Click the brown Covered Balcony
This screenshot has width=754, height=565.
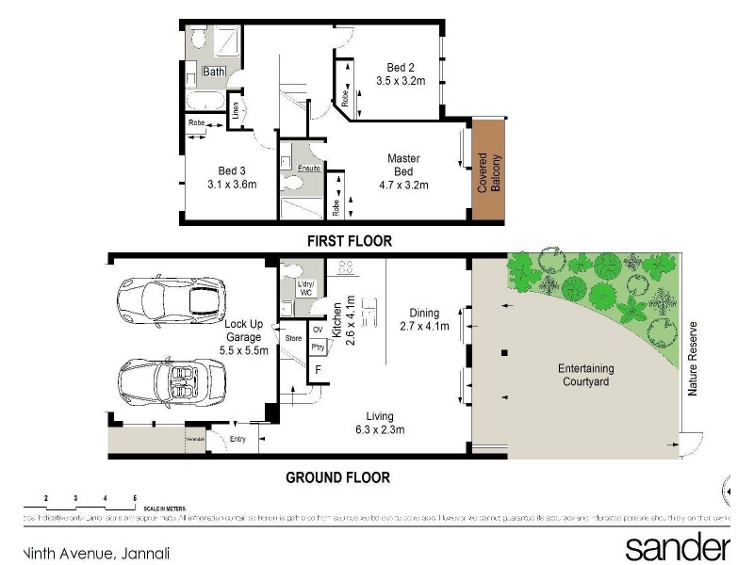pyautogui.click(x=487, y=170)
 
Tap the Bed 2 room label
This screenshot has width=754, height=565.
pyautogui.click(x=401, y=67)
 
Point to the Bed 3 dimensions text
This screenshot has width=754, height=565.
pyautogui.click(x=232, y=185)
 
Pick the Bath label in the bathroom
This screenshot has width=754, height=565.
pyautogui.click(x=215, y=72)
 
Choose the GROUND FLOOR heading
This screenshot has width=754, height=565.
pyautogui.click(x=337, y=477)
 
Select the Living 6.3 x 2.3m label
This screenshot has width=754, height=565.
pyautogui.click(x=381, y=423)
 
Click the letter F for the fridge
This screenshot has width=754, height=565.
pyautogui.click(x=318, y=370)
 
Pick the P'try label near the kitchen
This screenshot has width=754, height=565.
pyautogui.click(x=318, y=347)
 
